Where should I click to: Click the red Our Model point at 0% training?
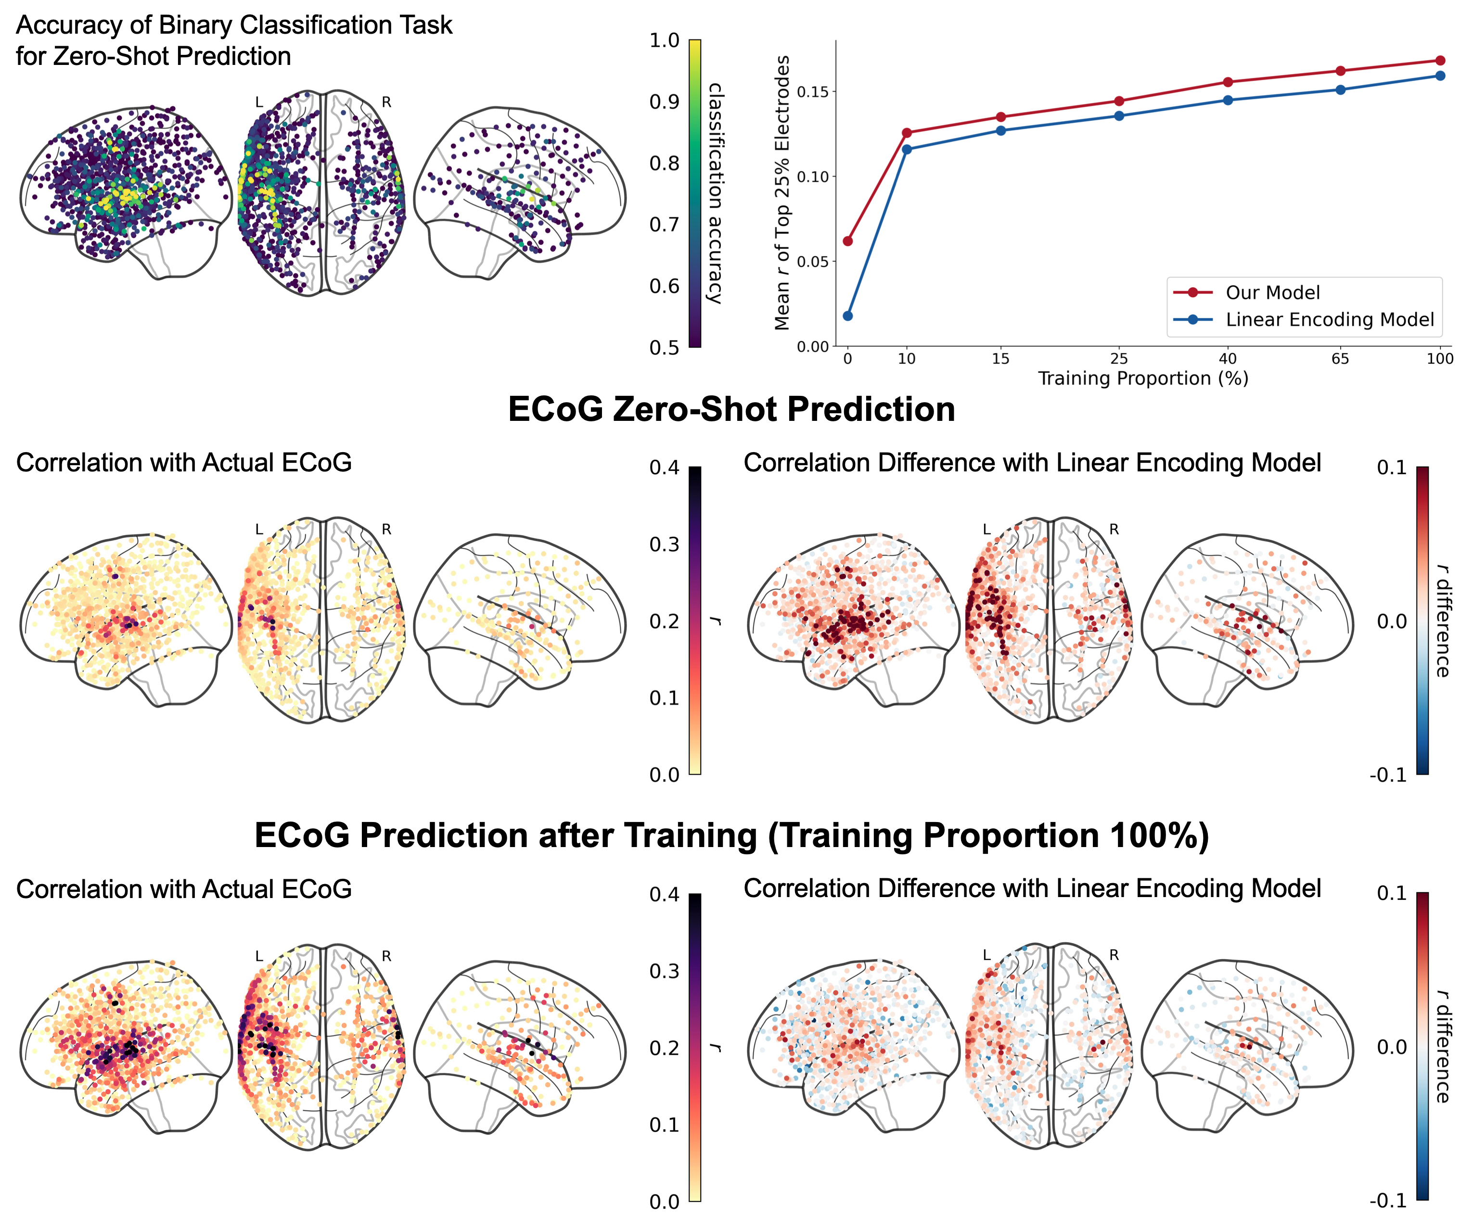pos(847,241)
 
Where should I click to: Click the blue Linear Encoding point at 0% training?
pos(847,316)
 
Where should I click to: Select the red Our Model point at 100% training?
pos(1440,61)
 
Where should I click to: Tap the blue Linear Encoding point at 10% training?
pos(907,149)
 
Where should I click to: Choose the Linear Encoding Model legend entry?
pos(1329,319)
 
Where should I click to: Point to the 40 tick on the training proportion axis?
pos(1228,358)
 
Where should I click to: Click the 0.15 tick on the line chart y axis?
pos(813,92)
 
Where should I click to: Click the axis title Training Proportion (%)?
pos(1143,379)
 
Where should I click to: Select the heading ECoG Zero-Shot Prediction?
pos(730,409)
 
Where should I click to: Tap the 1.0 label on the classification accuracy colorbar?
pos(665,40)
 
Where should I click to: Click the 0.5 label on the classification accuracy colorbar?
pos(665,347)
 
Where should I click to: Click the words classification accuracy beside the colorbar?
pos(715,193)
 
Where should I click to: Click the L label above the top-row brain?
pos(259,102)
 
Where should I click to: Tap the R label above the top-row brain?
pos(386,102)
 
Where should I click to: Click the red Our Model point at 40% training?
pos(1228,82)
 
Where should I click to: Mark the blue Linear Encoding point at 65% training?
pos(1341,90)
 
